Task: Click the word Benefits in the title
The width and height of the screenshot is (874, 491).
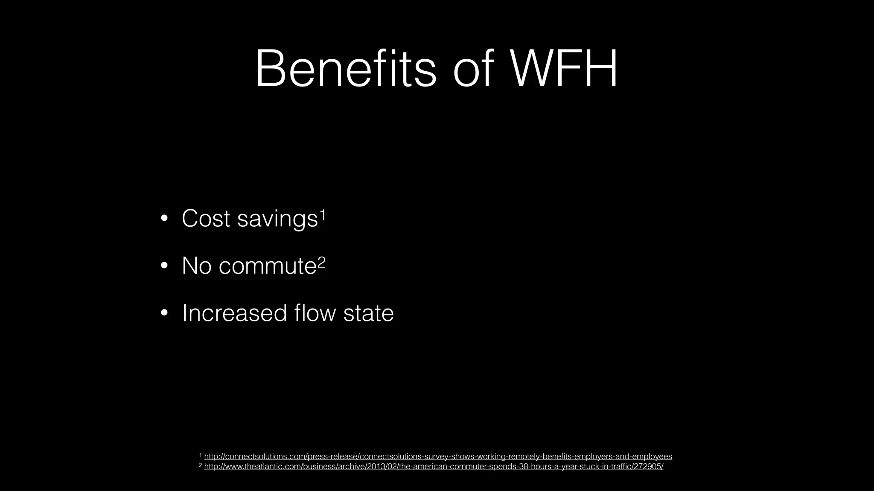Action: (x=346, y=69)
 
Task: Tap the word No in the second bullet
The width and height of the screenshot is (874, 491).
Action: (x=197, y=266)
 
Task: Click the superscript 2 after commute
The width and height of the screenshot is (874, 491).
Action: (x=321, y=261)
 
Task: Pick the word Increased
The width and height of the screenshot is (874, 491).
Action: (x=234, y=313)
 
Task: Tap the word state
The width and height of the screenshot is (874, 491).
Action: (x=369, y=313)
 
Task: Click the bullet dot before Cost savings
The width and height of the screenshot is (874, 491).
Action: (x=164, y=219)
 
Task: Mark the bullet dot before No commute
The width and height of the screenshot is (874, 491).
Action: (x=164, y=266)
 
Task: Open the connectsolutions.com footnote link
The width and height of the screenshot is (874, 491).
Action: (x=438, y=456)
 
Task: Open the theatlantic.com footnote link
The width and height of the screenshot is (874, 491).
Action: (x=434, y=467)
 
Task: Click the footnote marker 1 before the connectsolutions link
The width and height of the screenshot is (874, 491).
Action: (x=200, y=455)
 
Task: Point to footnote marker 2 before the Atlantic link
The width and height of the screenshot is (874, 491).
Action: (x=200, y=465)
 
